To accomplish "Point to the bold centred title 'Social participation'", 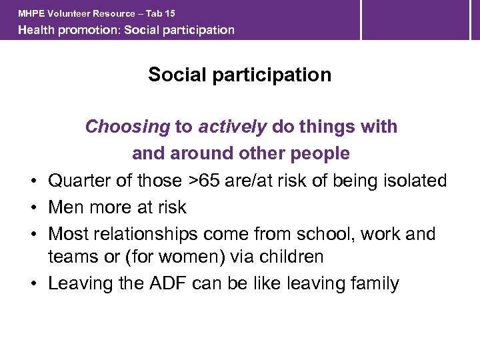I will tap(239, 75).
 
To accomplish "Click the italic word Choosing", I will tap(127, 127).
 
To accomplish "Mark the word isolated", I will tap(415, 181).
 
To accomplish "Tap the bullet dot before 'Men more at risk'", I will tap(33, 208).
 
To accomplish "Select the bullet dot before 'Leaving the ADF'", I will tap(33, 284).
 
